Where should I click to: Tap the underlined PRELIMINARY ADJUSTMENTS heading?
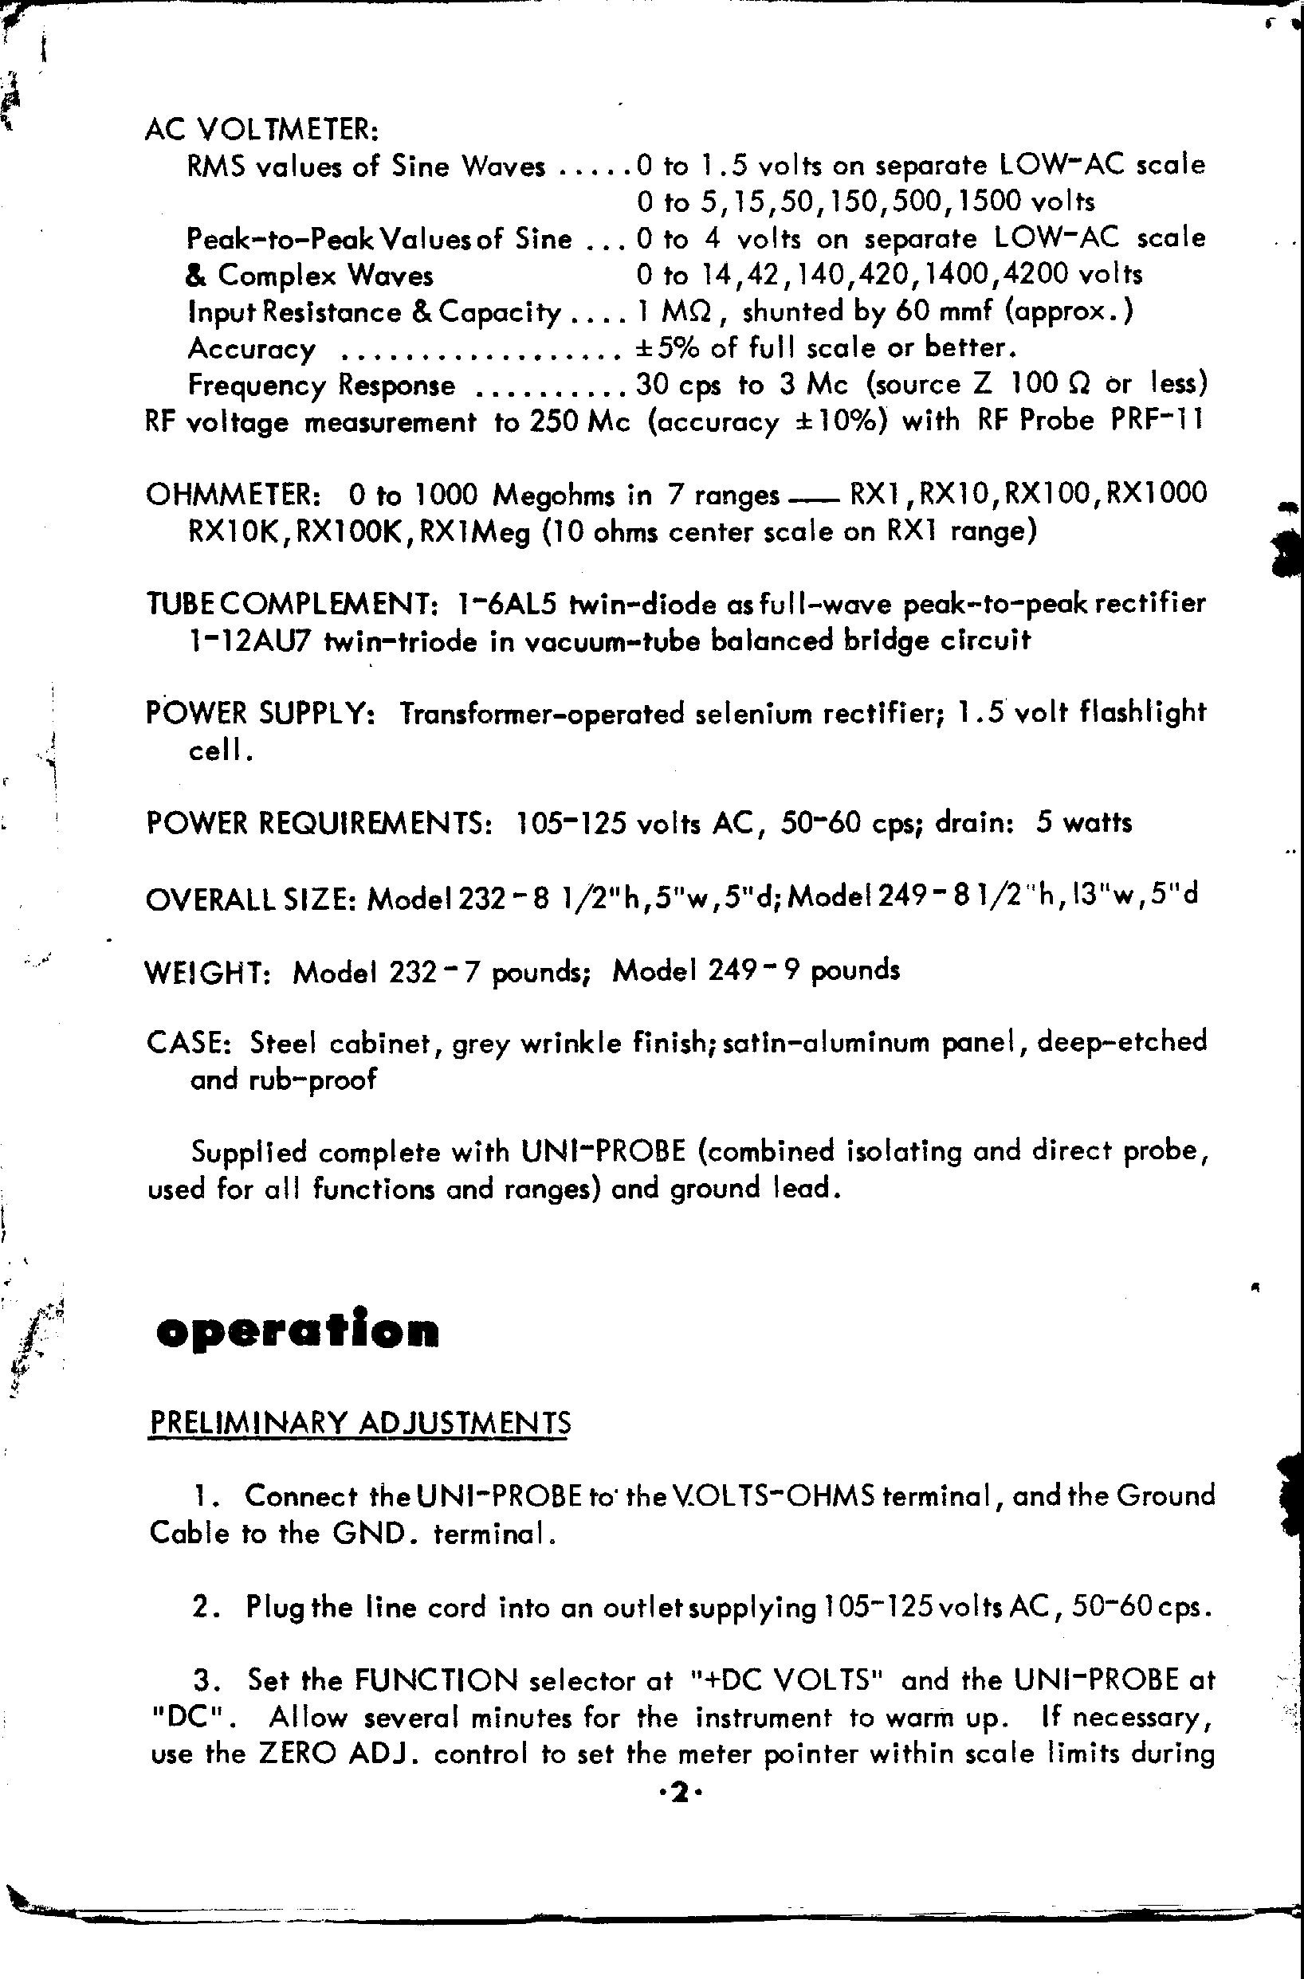coord(359,1423)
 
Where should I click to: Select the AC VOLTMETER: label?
coord(261,130)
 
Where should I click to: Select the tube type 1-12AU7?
coord(249,641)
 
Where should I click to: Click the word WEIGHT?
coord(207,971)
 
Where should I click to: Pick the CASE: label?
coord(188,1043)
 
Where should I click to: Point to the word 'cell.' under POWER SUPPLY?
coord(220,750)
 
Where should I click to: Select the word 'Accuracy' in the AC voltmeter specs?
coord(252,349)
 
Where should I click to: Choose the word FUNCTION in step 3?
coord(436,1680)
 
